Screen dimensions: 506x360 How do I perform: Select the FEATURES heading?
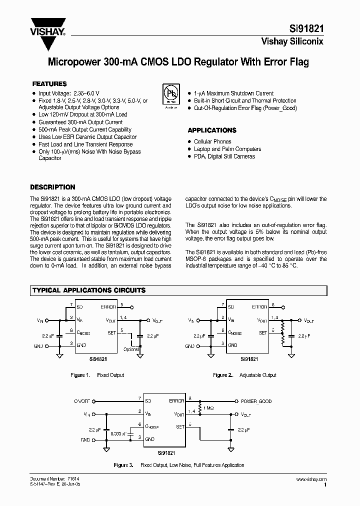coord(49,84)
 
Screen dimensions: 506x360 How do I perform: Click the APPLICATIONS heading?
coord(211,130)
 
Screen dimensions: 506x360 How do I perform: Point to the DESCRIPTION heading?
coord(52,187)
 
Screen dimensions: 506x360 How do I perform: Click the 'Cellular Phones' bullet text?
coord(212,142)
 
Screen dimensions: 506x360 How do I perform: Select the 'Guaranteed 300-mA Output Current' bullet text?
coord(80,122)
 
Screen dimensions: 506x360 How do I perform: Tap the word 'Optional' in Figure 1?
coord(130,349)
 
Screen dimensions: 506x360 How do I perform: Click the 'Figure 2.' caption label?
coord(223,375)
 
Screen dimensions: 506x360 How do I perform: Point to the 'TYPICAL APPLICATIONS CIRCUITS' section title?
coord(89,290)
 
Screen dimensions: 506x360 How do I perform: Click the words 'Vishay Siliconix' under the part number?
coord(292,41)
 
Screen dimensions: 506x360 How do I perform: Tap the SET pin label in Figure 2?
coord(263,332)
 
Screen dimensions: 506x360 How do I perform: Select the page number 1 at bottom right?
coord(325,484)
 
